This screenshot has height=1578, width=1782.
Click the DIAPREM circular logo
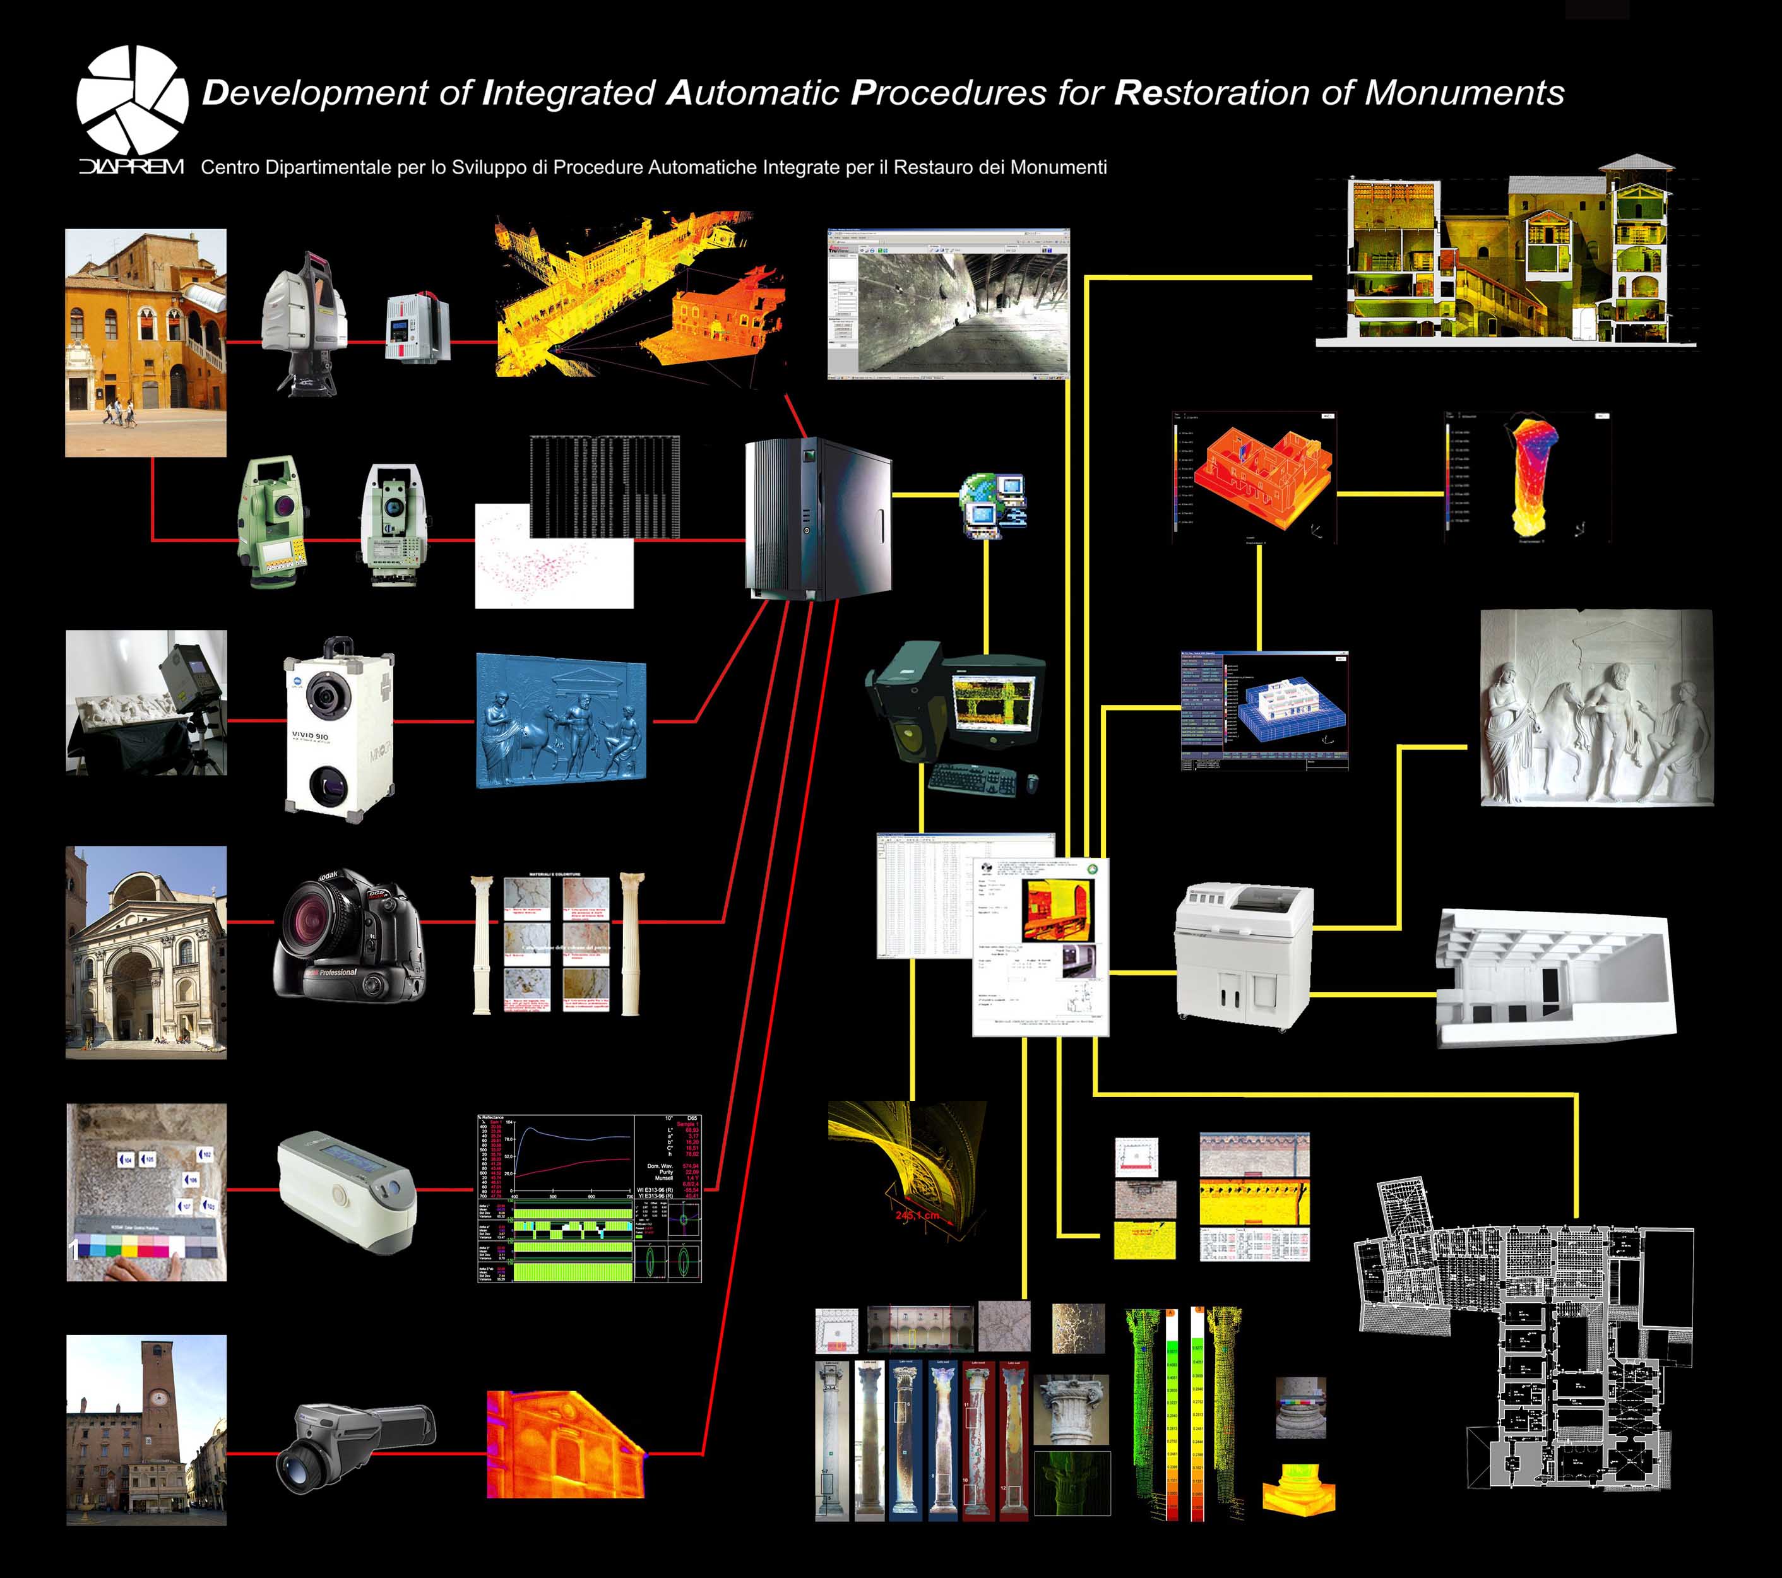[133, 98]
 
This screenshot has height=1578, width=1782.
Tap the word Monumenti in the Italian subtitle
[1059, 167]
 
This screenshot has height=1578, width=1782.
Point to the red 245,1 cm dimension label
[917, 1215]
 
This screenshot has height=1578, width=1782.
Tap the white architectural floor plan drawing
[1526, 1334]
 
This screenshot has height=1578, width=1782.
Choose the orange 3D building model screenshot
[1254, 478]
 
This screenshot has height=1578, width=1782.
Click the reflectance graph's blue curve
[567, 1134]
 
